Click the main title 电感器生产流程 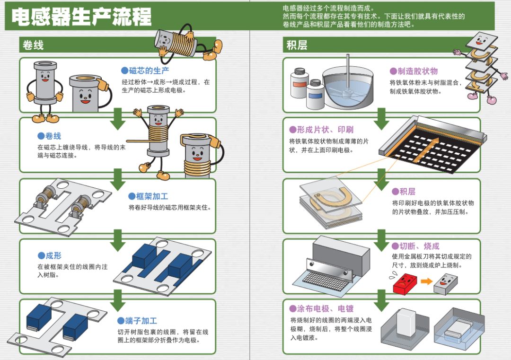(x=81, y=17)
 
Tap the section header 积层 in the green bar (x=297, y=45)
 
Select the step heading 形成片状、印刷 (x=321, y=130)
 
